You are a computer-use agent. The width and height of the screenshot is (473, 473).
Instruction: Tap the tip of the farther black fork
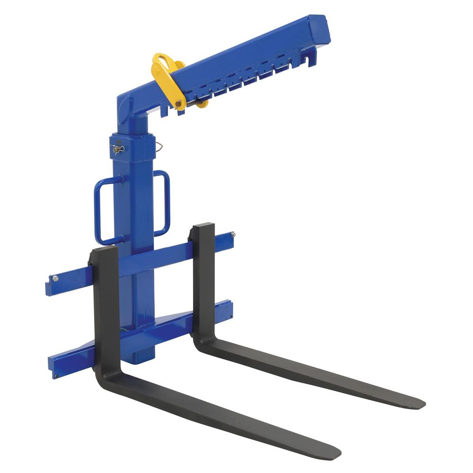(419, 404)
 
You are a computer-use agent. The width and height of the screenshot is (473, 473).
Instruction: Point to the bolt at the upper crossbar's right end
(232, 234)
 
